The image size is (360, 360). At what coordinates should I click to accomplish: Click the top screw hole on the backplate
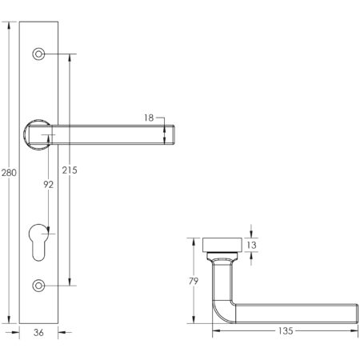[38, 54]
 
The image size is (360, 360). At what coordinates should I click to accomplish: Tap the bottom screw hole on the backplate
[38, 284]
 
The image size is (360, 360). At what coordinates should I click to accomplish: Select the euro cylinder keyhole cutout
[38, 243]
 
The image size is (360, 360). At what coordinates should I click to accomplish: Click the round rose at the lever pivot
[38, 132]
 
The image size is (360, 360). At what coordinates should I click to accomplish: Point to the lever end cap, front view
[169, 133]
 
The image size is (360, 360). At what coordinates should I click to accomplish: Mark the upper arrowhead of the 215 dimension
[71, 58]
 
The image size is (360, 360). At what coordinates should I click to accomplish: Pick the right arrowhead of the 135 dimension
[352, 330]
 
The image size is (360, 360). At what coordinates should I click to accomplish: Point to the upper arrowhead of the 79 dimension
[192, 241]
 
